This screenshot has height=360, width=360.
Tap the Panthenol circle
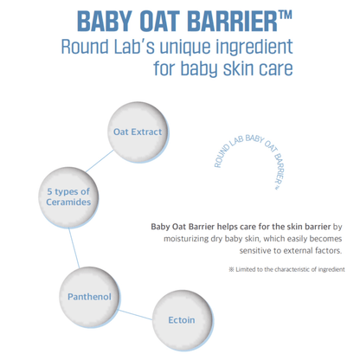click(x=88, y=297)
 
